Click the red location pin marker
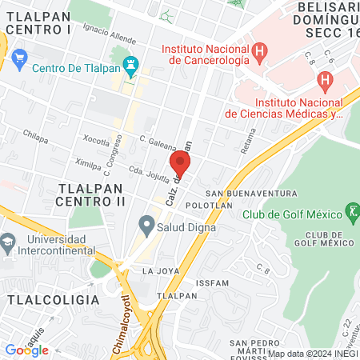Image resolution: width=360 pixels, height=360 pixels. (x=181, y=166)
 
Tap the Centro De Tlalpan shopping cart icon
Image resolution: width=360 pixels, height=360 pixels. (x=20, y=58)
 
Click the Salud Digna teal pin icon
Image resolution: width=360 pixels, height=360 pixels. (x=146, y=223)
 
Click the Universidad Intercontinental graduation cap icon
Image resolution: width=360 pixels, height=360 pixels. (x=8, y=241)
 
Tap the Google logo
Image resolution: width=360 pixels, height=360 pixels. (x=26, y=350)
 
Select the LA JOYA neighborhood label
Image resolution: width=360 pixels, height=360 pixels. (x=156, y=271)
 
